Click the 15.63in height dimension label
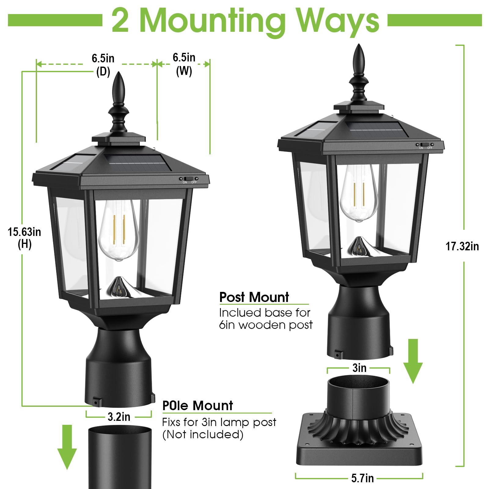(24, 238)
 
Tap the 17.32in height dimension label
(462, 246)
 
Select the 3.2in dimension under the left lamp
(119, 417)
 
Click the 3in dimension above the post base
(359, 368)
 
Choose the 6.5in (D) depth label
(103, 65)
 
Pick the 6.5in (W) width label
(184, 64)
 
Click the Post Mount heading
(254, 297)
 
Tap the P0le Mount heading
(198, 406)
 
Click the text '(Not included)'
(203, 434)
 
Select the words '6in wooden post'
(266, 325)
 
